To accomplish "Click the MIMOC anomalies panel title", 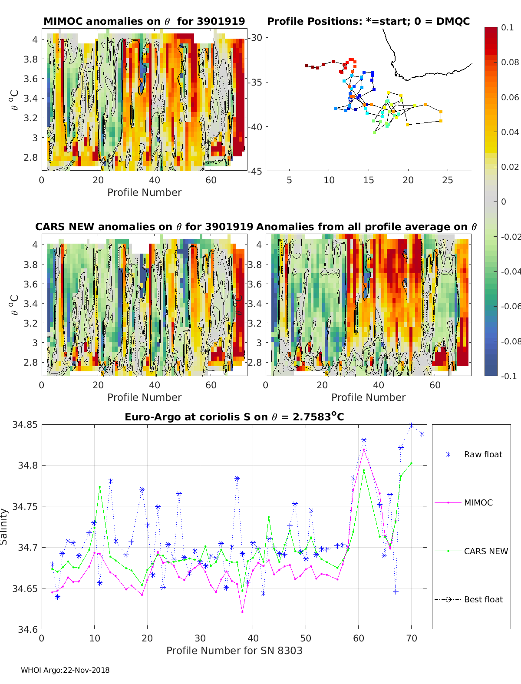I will pos(144,21).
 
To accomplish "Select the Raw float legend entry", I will pos(483,454).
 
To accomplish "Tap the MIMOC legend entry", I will pos(478,502).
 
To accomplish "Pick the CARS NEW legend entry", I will pos(485,551).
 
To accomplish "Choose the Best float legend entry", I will pos(483,599).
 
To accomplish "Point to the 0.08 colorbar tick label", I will pos(510,62).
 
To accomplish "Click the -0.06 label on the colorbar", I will pos(510,306).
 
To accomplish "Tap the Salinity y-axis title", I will pos(4,526).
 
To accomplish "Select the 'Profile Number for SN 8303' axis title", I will pos(234,651).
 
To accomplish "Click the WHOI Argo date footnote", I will pos(65,670).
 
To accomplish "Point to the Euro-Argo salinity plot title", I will pos(234,417).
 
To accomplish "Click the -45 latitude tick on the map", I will pos(255,171).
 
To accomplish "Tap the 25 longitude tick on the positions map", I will pos(447,180).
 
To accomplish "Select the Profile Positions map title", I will pos(368,21).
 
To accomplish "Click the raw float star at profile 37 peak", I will pos(237,479).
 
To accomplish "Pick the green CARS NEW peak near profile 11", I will pos(100,487).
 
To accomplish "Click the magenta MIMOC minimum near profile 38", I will pos(242,611).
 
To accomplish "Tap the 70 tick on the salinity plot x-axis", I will pos(411,638).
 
